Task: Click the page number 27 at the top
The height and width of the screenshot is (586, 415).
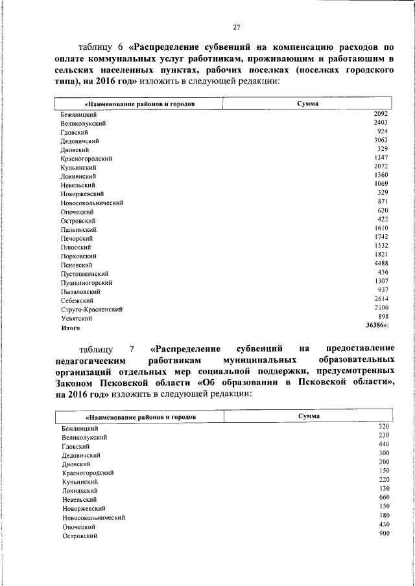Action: click(x=237, y=27)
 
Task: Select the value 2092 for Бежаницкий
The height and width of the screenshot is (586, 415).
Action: click(x=381, y=113)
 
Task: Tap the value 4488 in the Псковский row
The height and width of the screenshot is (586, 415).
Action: click(x=381, y=264)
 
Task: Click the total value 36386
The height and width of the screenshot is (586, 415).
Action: click(x=379, y=325)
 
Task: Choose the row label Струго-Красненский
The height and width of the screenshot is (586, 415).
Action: click(x=93, y=310)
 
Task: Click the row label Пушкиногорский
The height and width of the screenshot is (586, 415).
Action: click(x=87, y=283)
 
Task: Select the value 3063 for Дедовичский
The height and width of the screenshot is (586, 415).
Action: click(x=381, y=140)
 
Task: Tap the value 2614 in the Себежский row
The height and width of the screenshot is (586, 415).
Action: click(x=381, y=299)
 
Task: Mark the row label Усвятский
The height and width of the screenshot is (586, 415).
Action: click(x=76, y=319)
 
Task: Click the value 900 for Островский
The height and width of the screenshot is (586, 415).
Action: click(x=383, y=533)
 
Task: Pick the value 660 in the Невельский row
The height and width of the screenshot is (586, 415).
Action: click(x=383, y=497)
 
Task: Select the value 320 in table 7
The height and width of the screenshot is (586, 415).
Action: click(x=383, y=426)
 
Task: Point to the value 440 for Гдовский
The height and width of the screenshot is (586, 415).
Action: click(x=383, y=444)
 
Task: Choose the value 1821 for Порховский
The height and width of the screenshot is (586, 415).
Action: click(x=381, y=255)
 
